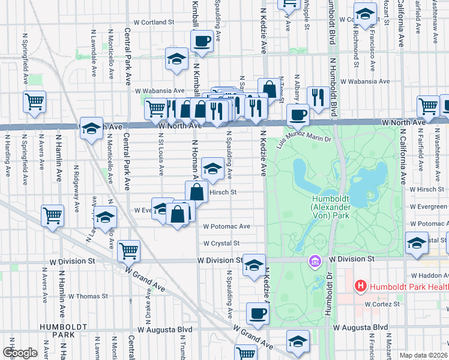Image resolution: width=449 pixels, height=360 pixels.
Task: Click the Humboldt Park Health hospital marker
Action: (x=360, y=286)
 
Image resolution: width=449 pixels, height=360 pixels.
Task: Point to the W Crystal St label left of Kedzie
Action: (x=221, y=244)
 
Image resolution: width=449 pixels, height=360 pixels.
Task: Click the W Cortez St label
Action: (x=382, y=304)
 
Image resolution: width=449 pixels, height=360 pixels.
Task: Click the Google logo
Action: (x=20, y=353)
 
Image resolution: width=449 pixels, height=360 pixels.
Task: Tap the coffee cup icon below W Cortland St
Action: (x=202, y=41)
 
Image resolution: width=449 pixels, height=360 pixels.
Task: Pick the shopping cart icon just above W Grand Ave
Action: (x=128, y=250)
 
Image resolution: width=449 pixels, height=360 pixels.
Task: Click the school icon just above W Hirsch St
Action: (x=212, y=169)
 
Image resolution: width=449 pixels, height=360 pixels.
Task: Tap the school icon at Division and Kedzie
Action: (x=254, y=265)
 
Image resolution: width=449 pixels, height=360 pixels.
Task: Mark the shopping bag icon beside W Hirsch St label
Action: (x=196, y=192)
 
